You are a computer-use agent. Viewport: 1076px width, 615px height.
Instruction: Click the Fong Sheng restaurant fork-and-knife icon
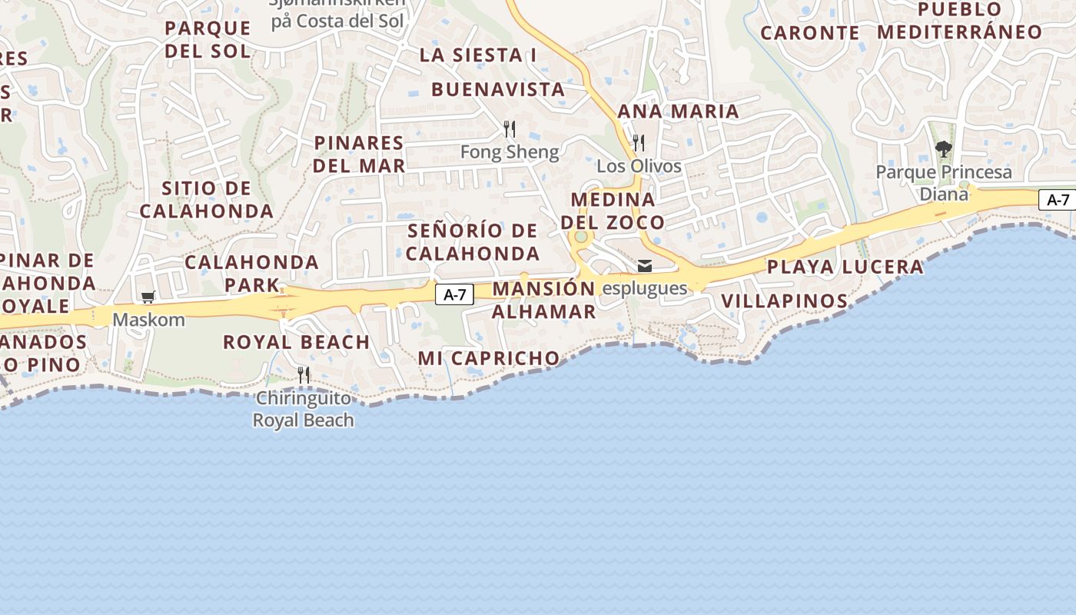509,128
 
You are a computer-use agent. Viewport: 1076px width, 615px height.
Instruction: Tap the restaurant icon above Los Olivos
638,142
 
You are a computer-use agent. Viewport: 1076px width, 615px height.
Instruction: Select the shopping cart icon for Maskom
148,297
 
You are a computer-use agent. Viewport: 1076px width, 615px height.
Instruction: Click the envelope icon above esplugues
644,266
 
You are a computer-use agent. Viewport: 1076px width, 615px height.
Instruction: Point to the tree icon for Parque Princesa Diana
943,148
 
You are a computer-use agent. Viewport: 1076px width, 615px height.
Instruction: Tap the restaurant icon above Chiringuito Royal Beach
304,374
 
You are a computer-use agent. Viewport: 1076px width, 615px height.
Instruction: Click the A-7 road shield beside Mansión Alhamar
454,294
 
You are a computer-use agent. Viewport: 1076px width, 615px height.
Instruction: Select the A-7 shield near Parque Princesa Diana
1058,200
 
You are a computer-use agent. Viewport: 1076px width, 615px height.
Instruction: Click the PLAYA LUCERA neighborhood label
845,267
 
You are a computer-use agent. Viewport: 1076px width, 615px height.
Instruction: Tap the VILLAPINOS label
784,301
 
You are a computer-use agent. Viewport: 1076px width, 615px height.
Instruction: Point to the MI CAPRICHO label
489,358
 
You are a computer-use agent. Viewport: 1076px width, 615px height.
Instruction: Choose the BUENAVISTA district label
498,89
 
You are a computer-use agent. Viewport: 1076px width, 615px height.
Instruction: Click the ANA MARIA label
678,111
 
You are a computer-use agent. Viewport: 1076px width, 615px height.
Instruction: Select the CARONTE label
809,33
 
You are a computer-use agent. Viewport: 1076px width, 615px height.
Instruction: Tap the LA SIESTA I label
477,55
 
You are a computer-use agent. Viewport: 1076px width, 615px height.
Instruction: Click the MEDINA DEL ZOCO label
613,211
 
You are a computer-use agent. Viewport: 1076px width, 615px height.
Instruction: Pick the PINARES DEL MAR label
359,154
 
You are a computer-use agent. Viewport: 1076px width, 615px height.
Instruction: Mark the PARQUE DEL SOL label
208,40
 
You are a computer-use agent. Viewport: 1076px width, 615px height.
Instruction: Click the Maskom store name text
149,319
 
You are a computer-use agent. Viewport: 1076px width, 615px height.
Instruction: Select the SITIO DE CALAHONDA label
206,200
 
